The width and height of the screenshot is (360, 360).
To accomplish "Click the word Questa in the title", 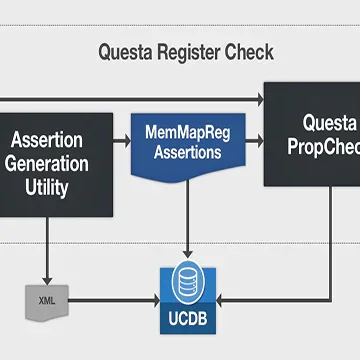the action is (x=125, y=52).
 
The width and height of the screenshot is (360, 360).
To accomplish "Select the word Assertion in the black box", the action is (x=47, y=140).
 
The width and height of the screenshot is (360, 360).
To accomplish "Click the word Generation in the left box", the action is (x=47, y=164).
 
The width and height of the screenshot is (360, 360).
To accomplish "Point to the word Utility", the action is (x=47, y=188).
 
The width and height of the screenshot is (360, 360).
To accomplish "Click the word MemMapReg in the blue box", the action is (x=188, y=133).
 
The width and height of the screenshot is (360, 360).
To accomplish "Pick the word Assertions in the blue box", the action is (x=188, y=152).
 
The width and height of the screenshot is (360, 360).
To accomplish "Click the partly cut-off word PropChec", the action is (x=324, y=147).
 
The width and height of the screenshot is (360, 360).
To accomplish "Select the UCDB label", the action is (x=188, y=319).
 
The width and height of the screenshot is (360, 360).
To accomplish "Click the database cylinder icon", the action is (x=188, y=282).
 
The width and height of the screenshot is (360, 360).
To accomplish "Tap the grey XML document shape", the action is (x=47, y=303).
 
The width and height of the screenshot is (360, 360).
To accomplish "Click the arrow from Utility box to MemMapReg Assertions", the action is (x=122, y=141).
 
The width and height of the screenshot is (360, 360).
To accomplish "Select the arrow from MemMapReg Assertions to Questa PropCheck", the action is (x=255, y=141).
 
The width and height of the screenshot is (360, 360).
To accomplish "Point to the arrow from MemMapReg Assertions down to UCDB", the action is (x=187, y=219).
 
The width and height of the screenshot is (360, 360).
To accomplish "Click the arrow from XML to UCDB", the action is (x=114, y=301).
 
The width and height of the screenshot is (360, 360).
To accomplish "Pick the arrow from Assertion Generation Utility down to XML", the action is (x=47, y=251).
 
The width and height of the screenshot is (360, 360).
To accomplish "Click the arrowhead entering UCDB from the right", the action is (x=221, y=301).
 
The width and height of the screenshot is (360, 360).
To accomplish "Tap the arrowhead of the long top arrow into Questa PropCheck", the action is (x=259, y=99).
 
